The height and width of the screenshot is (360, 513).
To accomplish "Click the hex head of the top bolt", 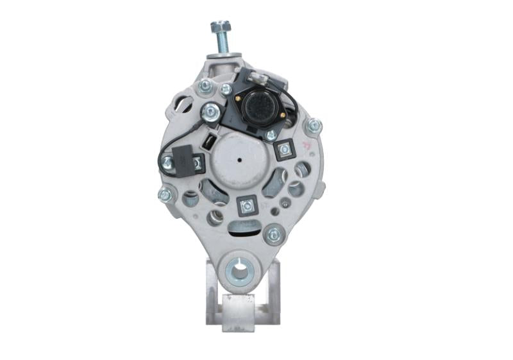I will [x=220, y=28].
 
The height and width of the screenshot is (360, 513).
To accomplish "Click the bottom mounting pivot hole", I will [x=240, y=271].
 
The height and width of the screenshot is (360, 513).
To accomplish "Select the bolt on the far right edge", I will [x=314, y=126].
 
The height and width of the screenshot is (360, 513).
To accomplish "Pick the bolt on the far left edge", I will [x=165, y=194].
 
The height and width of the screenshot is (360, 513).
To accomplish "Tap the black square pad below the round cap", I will [x=246, y=205].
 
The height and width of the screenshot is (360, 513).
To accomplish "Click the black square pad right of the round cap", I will [x=282, y=151].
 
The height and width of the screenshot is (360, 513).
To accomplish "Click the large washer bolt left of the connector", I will [x=210, y=114].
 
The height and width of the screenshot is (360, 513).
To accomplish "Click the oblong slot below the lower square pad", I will [x=244, y=225].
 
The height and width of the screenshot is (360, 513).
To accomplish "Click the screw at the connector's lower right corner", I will [x=271, y=135].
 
